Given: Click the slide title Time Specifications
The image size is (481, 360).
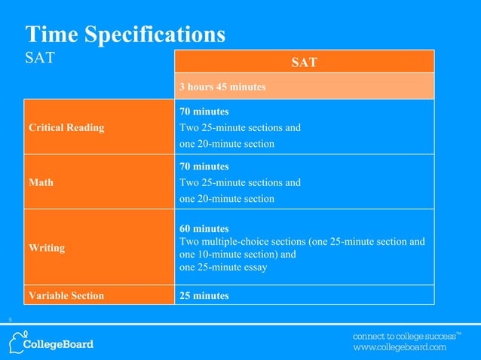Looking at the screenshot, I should pyautogui.click(x=125, y=34).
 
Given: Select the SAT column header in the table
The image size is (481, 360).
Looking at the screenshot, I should pyautogui.click(x=304, y=62).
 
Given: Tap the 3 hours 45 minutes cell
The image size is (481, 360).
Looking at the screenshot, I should pyautogui.click(x=222, y=87).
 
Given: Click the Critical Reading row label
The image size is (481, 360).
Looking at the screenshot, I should pyautogui.click(x=66, y=127).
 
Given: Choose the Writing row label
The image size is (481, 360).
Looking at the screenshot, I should pyautogui.click(x=47, y=247).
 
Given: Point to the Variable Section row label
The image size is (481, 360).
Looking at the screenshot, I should pyautogui.click(x=66, y=296).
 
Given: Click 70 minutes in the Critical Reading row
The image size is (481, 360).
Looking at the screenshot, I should pyautogui.click(x=204, y=111).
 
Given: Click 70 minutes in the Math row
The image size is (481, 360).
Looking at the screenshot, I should pyautogui.click(x=204, y=166).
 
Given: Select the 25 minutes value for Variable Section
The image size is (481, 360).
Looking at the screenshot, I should pyautogui.click(x=204, y=296).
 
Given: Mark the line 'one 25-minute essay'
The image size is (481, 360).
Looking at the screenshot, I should pyautogui.click(x=223, y=267).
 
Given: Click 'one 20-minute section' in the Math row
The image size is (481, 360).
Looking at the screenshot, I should pyautogui.click(x=226, y=199).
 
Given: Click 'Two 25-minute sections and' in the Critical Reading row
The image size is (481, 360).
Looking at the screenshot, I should pyautogui.click(x=240, y=127).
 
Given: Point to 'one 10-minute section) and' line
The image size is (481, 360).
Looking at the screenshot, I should pyautogui.click(x=237, y=255).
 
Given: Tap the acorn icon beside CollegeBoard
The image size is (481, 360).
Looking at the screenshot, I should pyautogui.click(x=18, y=340).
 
